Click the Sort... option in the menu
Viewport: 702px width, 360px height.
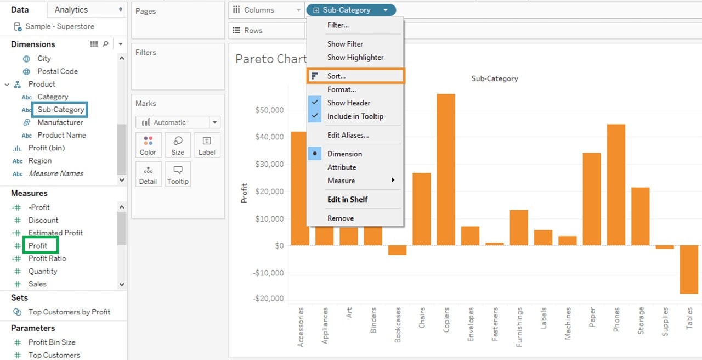[337, 76]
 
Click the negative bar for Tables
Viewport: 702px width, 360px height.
[689, 269]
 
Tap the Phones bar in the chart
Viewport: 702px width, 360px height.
[616, 184]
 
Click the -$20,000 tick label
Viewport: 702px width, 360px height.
[269, 299]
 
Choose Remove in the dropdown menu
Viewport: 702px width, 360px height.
[340, 218]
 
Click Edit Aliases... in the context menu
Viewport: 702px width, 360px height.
[348, 135]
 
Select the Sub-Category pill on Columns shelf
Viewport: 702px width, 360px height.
[347, 10]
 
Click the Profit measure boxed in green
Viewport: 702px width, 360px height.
[38, 245]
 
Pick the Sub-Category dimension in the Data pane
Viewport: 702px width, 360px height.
[60, 110]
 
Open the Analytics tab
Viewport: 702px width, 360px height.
[71, 9]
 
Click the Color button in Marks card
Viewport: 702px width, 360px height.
[148, 145]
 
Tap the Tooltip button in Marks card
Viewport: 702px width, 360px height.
[178, 175]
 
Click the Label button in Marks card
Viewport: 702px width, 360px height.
[207, 145]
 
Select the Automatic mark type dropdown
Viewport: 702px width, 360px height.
[178, 122]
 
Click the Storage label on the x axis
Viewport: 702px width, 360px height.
[641, 321]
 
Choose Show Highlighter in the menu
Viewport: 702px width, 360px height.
[355, 57]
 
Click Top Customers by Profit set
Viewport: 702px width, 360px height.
[69, 312]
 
